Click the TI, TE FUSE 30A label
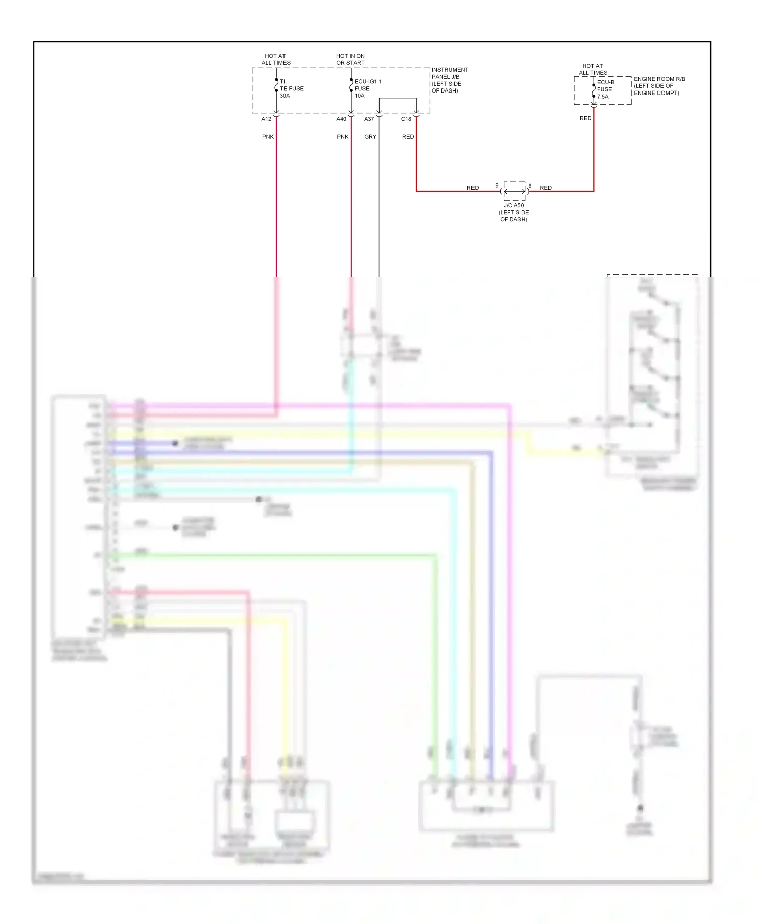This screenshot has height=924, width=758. pos(292,88)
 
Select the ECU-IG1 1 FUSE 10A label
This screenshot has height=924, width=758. pos(367,88)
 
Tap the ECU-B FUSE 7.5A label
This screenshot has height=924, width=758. pos(605,89)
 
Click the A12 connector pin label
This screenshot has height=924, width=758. pos(266,119)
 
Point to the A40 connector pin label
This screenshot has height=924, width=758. pos(341,119)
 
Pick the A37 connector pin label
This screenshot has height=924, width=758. pos(369,119)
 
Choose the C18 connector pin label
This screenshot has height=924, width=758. pos(406,119)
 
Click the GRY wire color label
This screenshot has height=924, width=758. pos(370,137)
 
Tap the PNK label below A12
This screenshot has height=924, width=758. pos(268,137)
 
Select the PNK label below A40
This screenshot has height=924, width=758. pos(343,137)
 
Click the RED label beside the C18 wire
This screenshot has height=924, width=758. pos(408,137)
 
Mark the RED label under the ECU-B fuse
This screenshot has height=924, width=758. pos(585,118)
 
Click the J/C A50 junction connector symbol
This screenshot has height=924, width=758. pos(514,191)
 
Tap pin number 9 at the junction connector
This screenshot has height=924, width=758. pos(497,186)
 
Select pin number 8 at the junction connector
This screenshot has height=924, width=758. pos(530,186)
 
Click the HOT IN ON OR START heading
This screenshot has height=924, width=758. pos(350,59)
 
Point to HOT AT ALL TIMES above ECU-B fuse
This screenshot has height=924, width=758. pos(593,69)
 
